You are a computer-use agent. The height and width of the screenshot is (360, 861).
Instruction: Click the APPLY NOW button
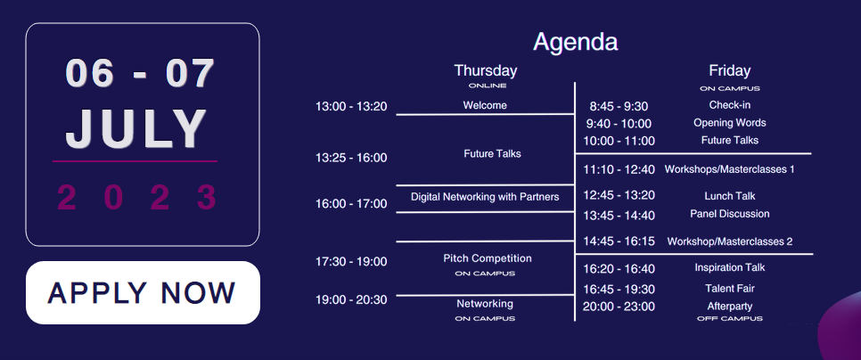pos(143,292)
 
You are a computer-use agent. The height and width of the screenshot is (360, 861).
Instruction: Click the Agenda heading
pos(576,42)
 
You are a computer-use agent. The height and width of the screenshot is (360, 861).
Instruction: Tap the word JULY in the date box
pos(136,129)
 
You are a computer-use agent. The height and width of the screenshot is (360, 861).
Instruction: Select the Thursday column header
pos(486,70)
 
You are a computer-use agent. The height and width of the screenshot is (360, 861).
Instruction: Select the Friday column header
pos(729,70)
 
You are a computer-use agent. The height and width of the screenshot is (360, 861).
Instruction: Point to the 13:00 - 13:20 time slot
pos(351,106)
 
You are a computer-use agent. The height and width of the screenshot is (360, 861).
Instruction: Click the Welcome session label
pos(485,105)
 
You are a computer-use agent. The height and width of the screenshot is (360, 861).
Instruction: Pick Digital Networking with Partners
pos(485,196)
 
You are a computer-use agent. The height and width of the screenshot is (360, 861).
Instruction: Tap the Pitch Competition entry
pos(487,258)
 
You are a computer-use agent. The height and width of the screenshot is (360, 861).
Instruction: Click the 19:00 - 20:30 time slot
pos(351,299)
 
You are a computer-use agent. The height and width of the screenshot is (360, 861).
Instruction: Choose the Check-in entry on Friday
pos(729,105)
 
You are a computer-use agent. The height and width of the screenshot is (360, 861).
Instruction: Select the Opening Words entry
pos(729,122)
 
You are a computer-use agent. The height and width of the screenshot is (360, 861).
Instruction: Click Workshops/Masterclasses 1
pos(729,169)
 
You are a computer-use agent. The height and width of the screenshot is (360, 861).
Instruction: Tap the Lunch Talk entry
pos(730,196)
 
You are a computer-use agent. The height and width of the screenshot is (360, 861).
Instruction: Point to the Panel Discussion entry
pos(729,214)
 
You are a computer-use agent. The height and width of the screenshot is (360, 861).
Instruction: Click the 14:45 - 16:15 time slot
pos(619,241)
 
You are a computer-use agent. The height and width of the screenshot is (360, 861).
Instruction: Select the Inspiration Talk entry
pos(729,268)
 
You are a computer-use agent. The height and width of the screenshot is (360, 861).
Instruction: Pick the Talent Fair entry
pos(729,288)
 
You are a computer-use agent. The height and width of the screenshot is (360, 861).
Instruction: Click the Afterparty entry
pos(729,307)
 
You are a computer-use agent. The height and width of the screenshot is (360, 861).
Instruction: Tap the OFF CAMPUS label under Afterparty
pos(729,318)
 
